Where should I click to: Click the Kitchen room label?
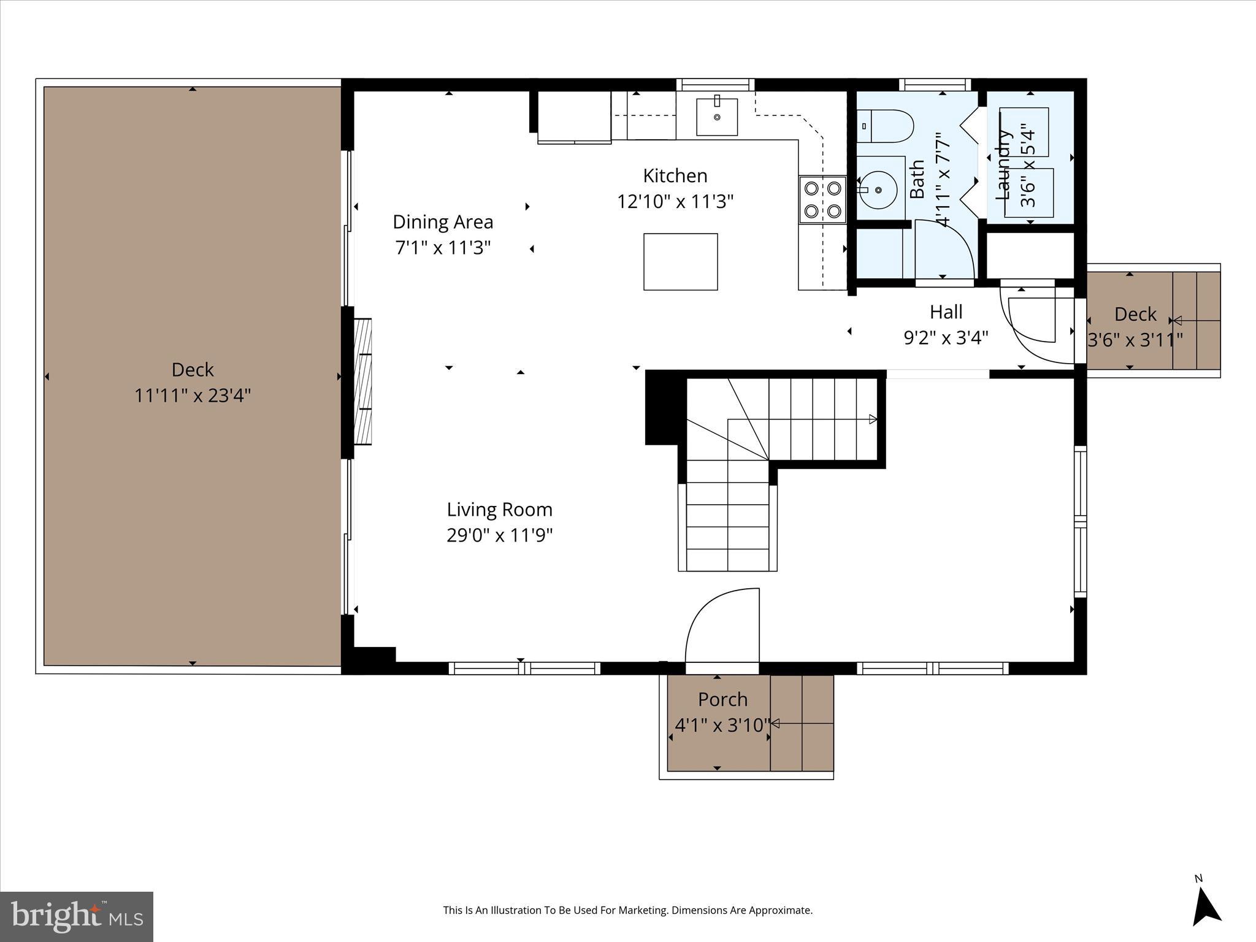(x=675, y=176)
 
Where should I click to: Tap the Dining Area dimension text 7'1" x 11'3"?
(x=443, y=248)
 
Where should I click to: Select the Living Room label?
(x=499, y=510)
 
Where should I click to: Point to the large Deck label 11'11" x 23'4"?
(x=193, y=383)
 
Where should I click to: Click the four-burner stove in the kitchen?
(x=822, y=199)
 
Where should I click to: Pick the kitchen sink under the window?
(x=716, y=116)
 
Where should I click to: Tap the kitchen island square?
(x=680, y=262)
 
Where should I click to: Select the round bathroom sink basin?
(x=878, y=190)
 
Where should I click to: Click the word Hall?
(x=945, y=312)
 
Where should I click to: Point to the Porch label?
(x=722, y=700)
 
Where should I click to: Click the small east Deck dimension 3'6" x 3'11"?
(x=1135, y=340)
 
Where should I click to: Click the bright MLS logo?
(x=77, y=917)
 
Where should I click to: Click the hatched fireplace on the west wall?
(x=363, y=381)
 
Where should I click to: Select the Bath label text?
(x=917, y=179)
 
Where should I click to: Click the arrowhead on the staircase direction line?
(x=873, y=419)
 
